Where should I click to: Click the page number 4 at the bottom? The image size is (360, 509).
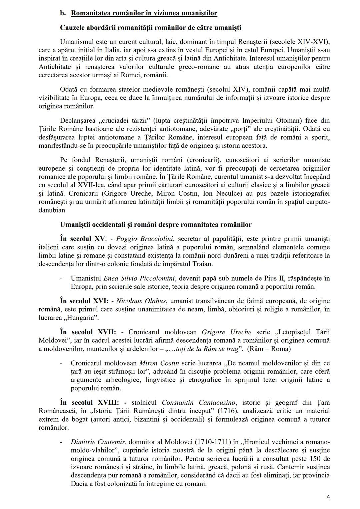[328, 497]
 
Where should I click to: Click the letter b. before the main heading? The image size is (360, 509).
[63, 13]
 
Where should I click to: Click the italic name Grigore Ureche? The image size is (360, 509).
[227, 332]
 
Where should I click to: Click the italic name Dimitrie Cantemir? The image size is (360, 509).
[98, 442]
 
